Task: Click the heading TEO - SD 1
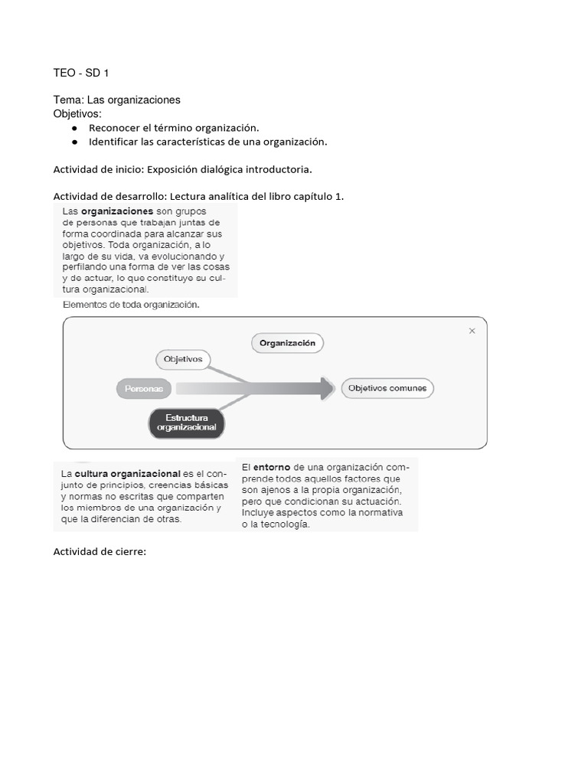(81, 73)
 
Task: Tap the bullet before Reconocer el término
(75, 128)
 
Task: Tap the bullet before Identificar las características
(75, 142)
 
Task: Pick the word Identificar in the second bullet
(113, 142)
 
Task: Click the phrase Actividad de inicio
(97, 168)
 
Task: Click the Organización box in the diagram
(287, 344)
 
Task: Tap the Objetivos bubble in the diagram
(184, 358)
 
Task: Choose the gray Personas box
(144, 389)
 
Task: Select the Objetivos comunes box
(387, 388)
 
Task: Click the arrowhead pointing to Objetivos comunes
(328, 388)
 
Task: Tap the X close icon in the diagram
(472, 331)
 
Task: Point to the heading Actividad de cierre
(100, 551)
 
